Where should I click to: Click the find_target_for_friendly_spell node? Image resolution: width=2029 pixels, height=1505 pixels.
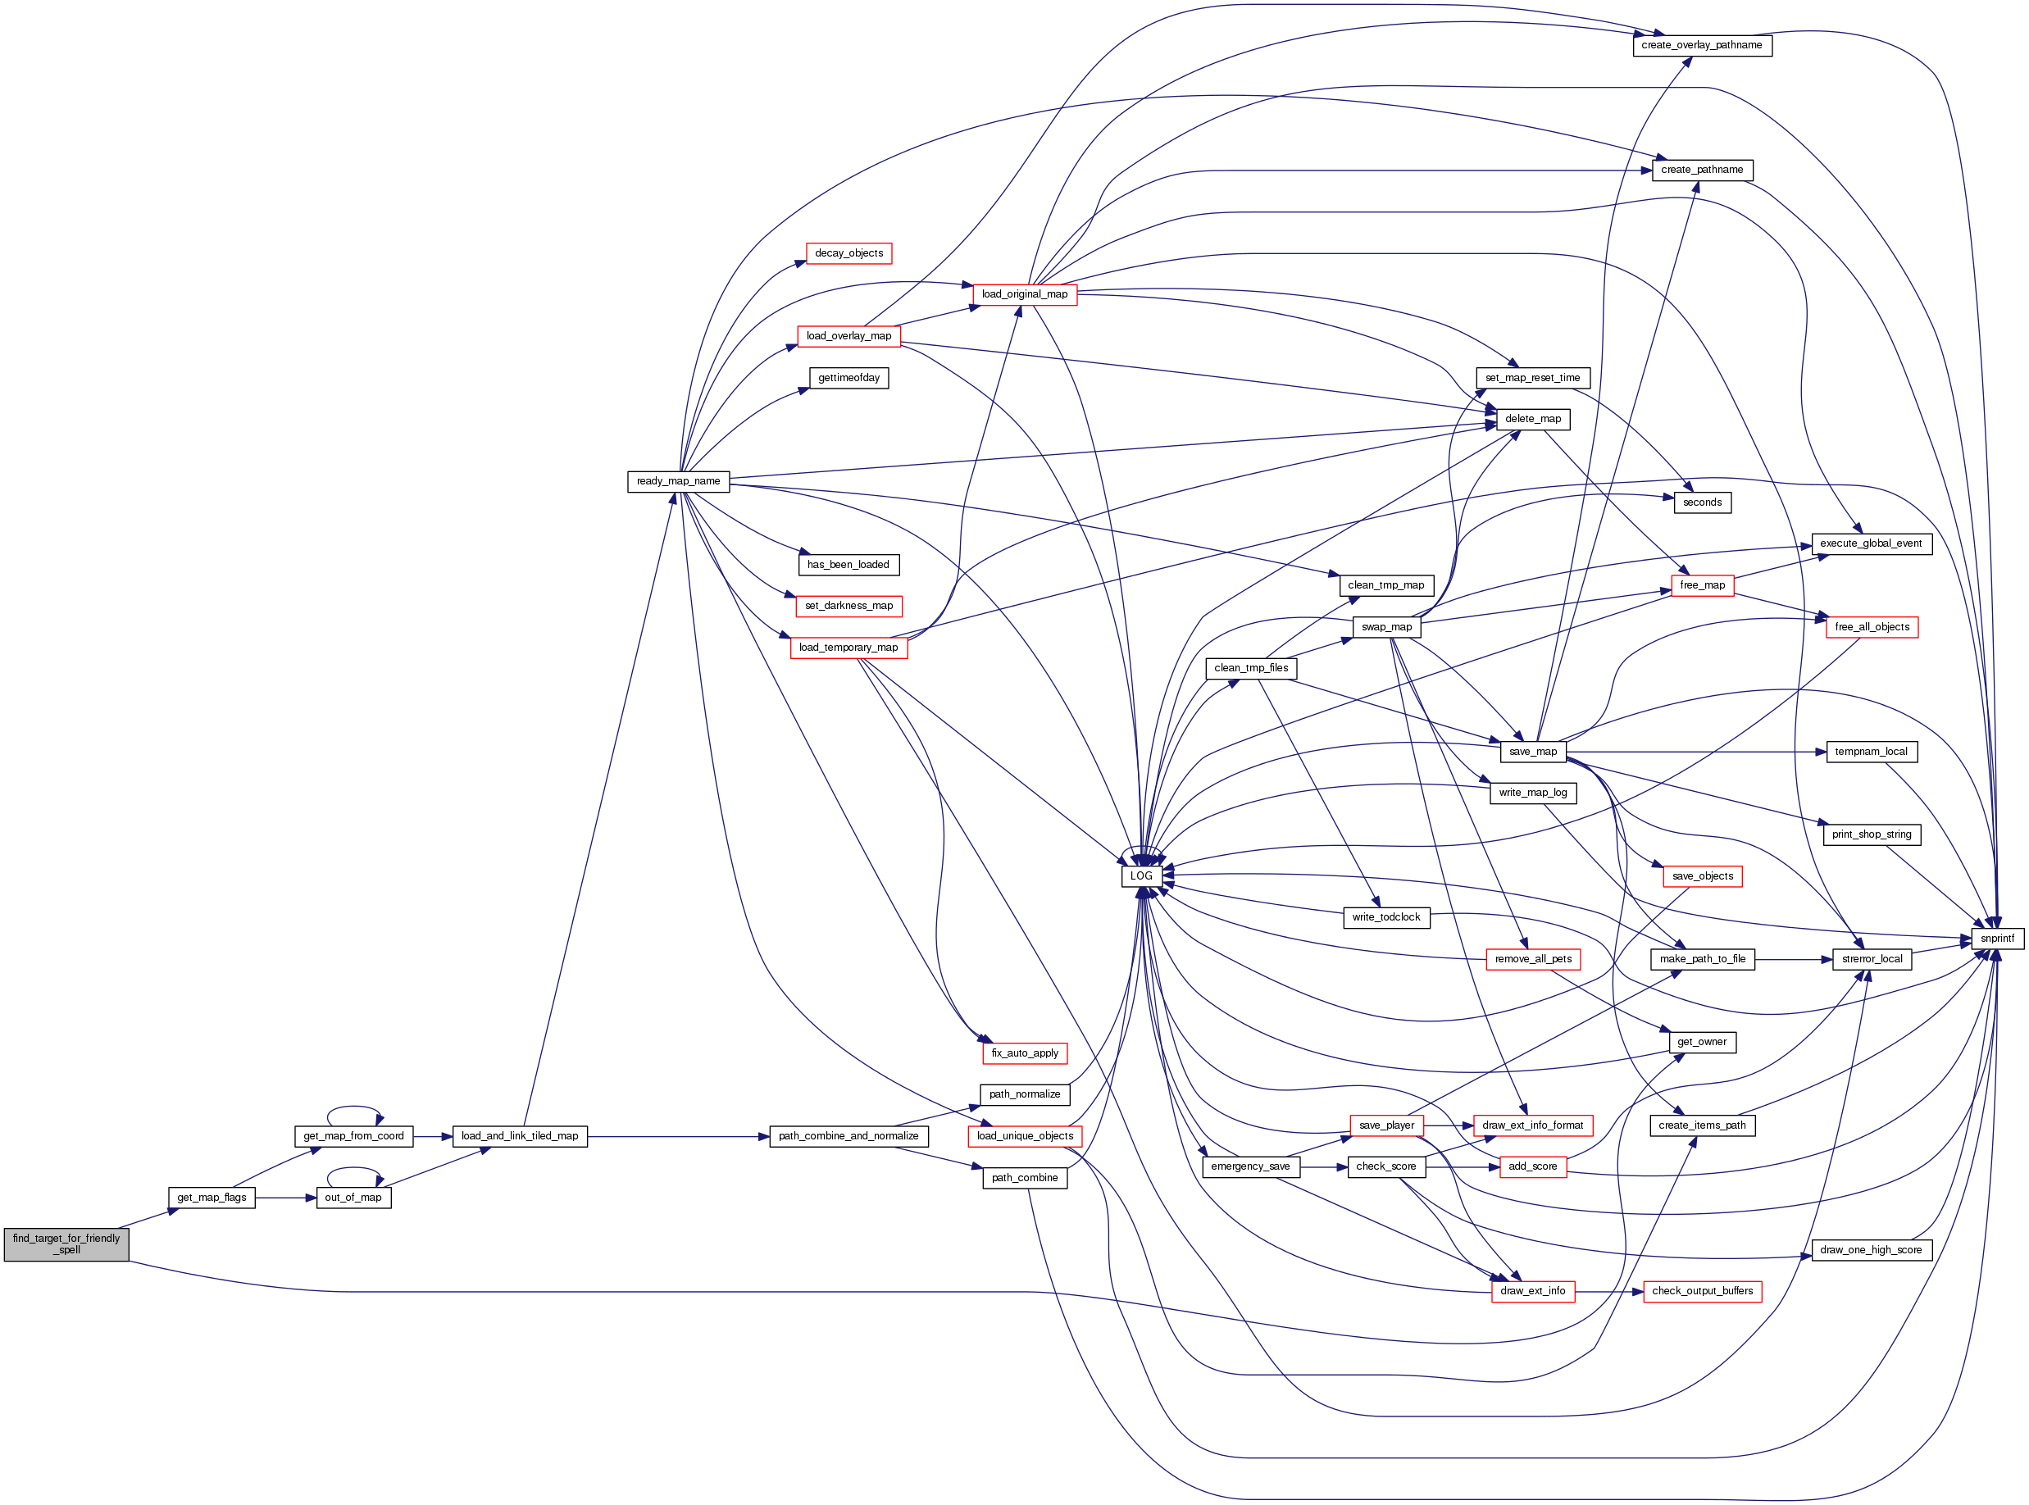point(66,1244)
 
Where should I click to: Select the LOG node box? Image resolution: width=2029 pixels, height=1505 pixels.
point(1140,875)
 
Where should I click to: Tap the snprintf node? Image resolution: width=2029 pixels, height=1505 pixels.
point(1996,939)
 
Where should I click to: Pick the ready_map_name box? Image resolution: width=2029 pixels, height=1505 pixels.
point(678,481)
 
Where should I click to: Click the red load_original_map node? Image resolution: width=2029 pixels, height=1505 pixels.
point(1024,294)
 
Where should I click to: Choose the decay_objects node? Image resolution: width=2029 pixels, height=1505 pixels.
point(848,253)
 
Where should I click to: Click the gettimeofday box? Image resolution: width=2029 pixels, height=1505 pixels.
point(848,378)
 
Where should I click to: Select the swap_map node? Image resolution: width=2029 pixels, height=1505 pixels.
point(1385,627)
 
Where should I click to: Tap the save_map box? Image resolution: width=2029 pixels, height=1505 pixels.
point(1532,752)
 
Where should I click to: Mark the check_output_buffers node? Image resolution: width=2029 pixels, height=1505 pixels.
point(1701,1291)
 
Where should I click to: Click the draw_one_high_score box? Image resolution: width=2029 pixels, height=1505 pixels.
point(1870,1250)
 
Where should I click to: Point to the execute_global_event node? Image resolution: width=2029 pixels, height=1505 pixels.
point(1870,543)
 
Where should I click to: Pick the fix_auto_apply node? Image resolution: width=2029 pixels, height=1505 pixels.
point(1024,1053)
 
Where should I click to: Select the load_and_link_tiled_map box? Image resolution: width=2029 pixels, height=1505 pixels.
point(519,1136)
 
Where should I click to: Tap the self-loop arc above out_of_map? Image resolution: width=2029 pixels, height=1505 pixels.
point(353,1169)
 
